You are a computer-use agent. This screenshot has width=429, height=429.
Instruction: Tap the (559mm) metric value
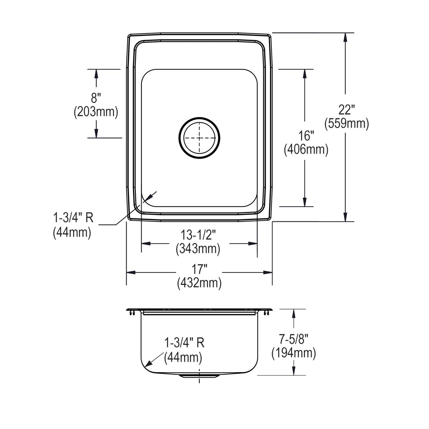(346, 124)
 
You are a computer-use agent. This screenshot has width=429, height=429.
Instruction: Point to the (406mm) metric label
(306, 150)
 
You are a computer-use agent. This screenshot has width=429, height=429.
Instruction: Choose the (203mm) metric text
(96, 112)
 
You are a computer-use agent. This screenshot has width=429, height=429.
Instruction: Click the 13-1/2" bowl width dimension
(198, 235)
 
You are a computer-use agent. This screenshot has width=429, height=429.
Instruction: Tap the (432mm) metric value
(199, 283)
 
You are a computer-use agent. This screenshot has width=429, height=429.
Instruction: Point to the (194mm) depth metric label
(294, 353)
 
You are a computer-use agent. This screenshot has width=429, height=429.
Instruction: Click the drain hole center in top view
(199, 138)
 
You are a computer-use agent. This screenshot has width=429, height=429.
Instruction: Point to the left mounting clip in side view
(131, 313)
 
